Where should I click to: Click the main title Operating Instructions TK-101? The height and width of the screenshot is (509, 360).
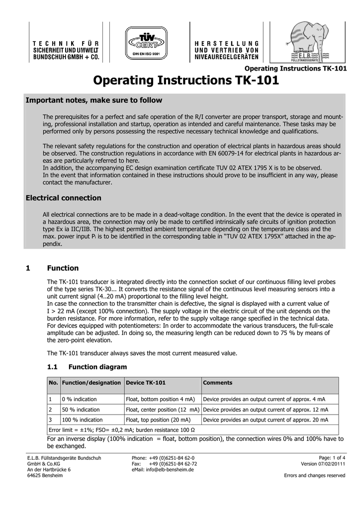(x=186, y=81)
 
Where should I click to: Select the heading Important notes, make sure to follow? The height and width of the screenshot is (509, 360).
(x=93, y=100)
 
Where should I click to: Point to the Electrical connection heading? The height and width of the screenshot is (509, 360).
(x=63, y=198)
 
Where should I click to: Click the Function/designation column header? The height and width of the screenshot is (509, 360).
(x=92, y=383)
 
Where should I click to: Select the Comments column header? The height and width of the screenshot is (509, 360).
(x=218, y=383)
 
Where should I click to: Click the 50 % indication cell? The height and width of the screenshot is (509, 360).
(x=81, y=410)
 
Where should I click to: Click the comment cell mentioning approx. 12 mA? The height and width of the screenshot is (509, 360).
(x=266, y=410)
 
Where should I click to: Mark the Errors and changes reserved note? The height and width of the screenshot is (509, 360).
(x=314, y=476)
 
